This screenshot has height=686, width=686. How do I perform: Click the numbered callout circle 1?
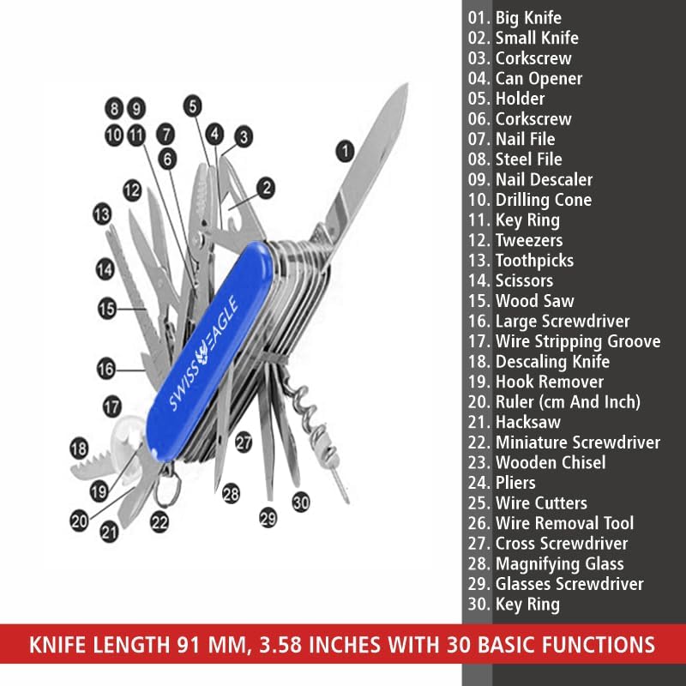pyautogui.click(x=346, y=152)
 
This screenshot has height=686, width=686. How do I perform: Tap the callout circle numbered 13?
pyautogui.click(x=102, y=214)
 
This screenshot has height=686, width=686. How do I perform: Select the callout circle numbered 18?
pyautogui.click(x=79, y=448)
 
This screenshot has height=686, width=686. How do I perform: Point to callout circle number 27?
pyautogui.click(x=244, y=442)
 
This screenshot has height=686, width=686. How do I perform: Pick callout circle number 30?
pyautogui.click(x=301, y=502)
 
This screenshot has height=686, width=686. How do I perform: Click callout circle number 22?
pyautogui.click(x=159, y=522)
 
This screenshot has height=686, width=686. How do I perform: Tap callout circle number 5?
pyautogui.click(x=192, y=105)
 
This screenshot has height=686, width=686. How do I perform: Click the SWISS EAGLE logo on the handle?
pyautogui.click(x=204, y=353)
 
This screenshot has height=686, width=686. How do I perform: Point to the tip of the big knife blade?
pyautogui.click(x=406, y=84)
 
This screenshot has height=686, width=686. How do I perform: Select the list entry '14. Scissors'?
pyautogui.click(x=510, y=280)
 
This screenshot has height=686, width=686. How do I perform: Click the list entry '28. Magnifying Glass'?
pyautogui.click(x=546, y=563)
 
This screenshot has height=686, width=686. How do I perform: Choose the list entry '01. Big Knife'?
pyautogui.click(x=515, y=18)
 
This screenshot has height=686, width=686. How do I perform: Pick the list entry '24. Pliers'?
pyautogui.click(x=502, y=483)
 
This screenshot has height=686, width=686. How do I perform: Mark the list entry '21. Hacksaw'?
pyautogui.click(x=514, y=422)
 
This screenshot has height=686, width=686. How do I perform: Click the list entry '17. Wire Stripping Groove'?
pyautogui.click(x=564, y=341)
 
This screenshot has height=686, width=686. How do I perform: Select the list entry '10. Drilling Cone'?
pyautogui.click(x=530, y=200)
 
